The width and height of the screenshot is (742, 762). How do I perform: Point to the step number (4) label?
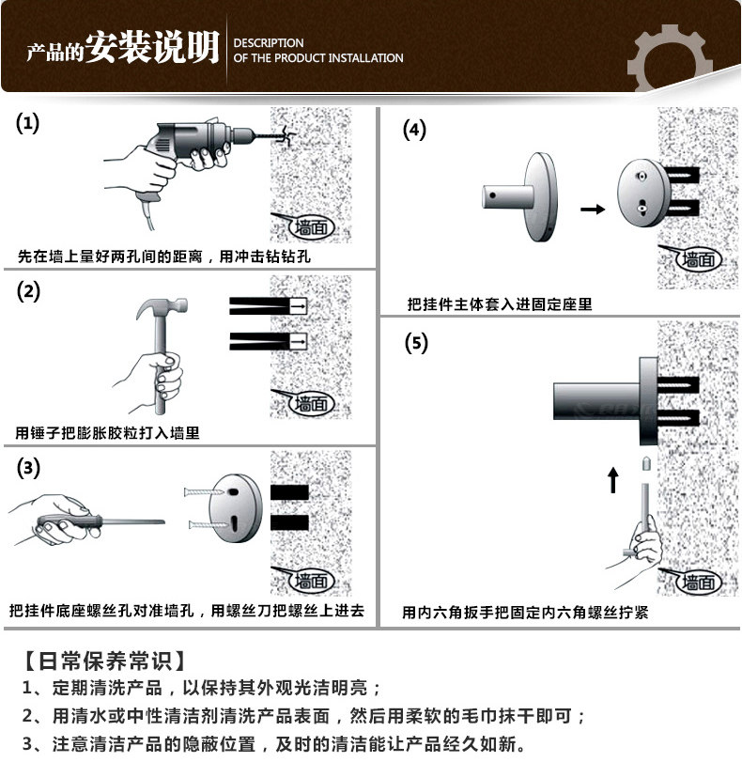(x=414, y=129)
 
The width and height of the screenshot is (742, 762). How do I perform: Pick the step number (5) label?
(x=415, y=342)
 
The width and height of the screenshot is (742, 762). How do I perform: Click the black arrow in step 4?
(x=593, y=209)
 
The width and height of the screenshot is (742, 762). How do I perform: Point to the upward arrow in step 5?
(x=613, y=480)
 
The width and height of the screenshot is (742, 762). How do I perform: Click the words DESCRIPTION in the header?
(x=269, y=43)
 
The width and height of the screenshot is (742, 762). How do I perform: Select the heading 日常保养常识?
(x=102, y=659)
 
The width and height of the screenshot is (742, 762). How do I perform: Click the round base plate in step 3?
(x=235, y=506)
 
